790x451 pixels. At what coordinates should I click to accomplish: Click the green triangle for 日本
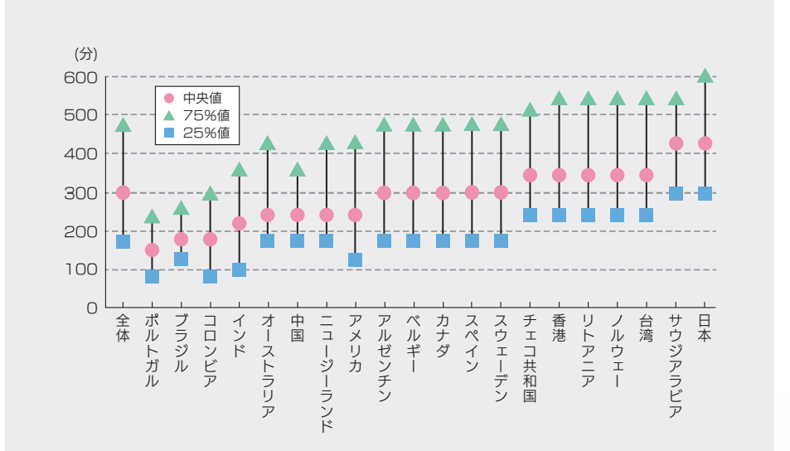coord(705,76)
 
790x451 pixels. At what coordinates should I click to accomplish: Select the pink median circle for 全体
coord(123,192)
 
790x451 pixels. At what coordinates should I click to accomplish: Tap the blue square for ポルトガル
coord(152,276)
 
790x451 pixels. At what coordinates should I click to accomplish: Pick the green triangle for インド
coord(239,170)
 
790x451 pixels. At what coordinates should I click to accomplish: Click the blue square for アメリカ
coord(355,259)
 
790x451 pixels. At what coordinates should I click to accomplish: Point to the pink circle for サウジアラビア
coord(676,143)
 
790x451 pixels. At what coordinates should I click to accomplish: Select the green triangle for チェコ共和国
coord(530,109)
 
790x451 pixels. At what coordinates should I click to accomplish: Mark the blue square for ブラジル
coord(181,259)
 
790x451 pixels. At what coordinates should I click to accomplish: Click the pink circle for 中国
coord(297,215)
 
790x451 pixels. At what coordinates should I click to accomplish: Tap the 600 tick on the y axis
coord(80,77)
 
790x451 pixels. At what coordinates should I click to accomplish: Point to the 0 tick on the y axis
coord(92,308)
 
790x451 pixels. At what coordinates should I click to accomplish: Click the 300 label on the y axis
coord(80,192)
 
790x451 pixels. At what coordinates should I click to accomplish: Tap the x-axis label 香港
coord(559,329)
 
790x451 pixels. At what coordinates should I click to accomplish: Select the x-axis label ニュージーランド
coord(326,373)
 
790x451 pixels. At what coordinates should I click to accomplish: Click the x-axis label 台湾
coord(646,329)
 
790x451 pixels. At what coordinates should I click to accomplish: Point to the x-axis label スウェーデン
coord(501,358)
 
